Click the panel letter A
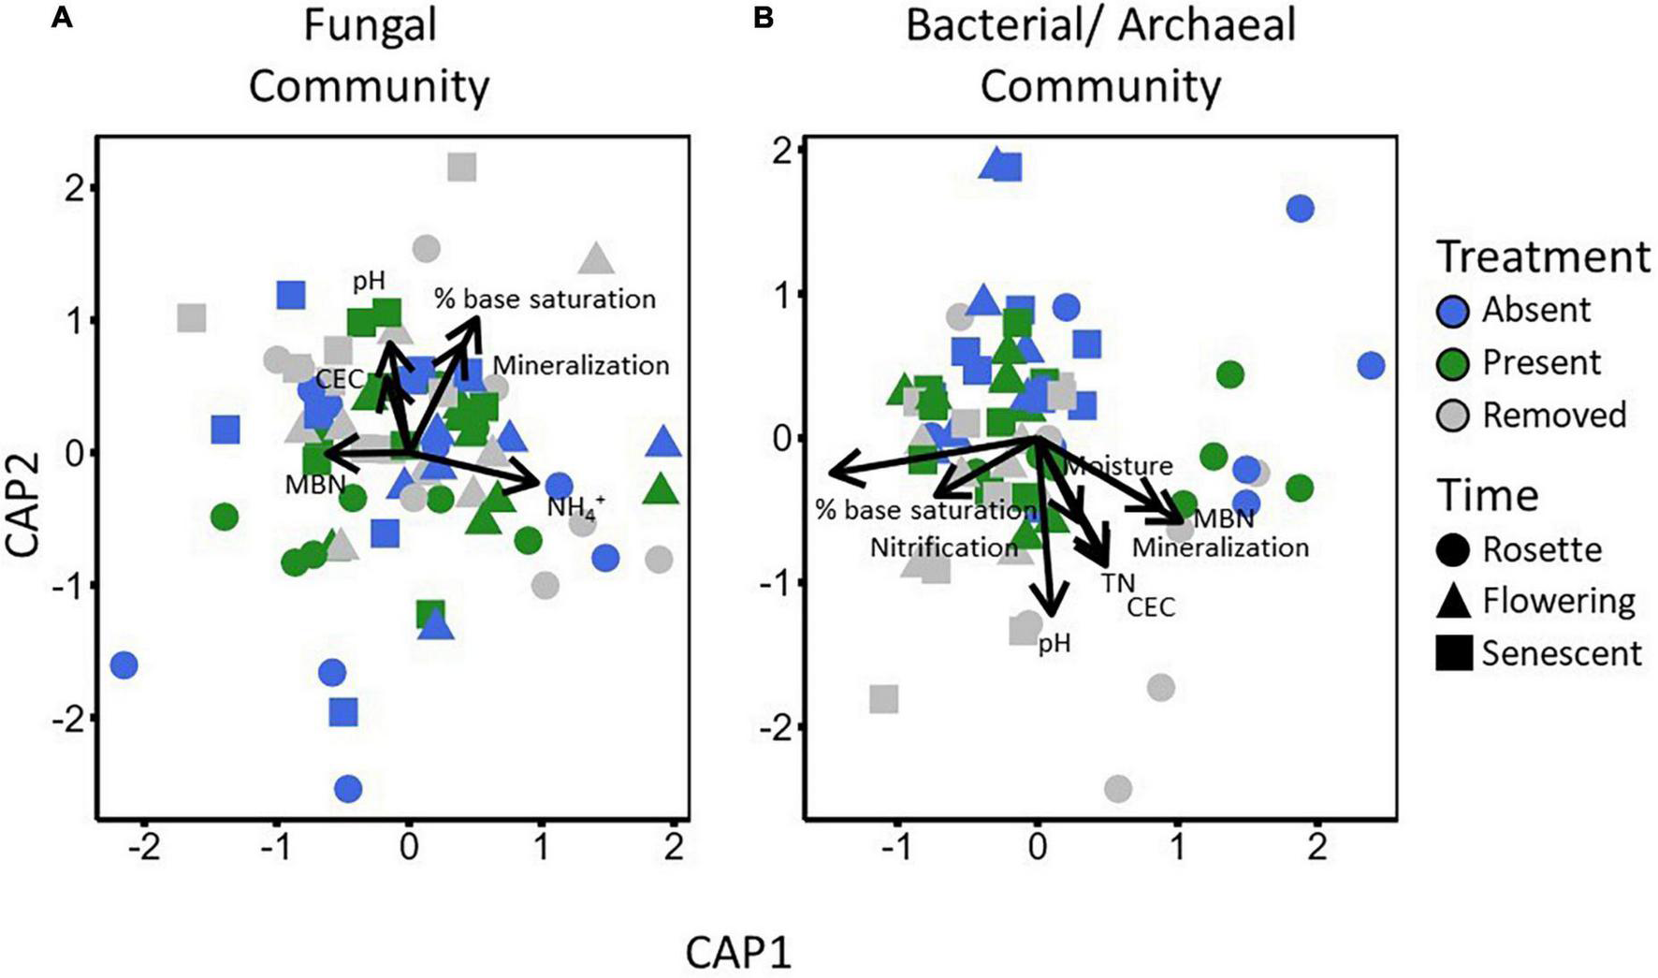62,18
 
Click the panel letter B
764,18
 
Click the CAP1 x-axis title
738,954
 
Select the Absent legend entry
1535,310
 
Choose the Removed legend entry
1554,415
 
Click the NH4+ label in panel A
575,507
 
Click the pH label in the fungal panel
369,280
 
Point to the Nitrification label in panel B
943,547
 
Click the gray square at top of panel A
462,168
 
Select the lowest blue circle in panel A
348,789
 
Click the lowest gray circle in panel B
1118,789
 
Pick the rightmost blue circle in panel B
1371,365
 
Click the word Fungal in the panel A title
370,25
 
